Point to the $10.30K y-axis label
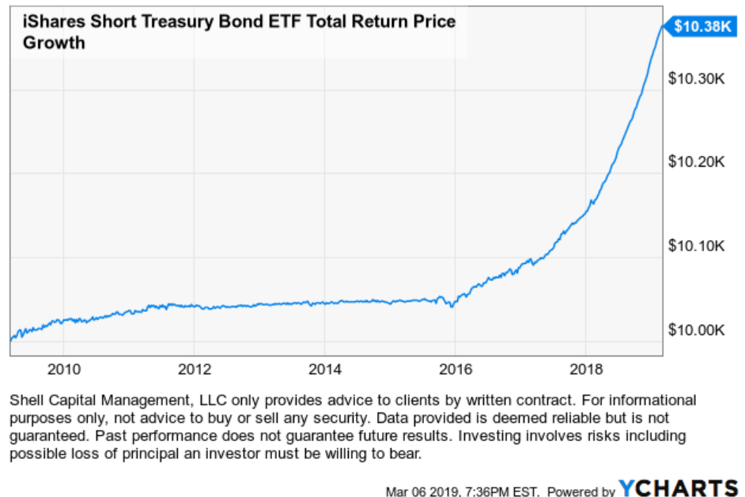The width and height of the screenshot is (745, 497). [697, 79]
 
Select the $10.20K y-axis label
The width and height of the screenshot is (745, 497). [697, 162]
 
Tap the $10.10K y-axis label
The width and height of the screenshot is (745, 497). [697, 246]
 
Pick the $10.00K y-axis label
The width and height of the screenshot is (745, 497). [697, 329]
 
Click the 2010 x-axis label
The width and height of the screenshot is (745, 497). [64, 369]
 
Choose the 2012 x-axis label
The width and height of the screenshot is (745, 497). [195, 369]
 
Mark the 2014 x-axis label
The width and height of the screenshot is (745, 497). [324, 369]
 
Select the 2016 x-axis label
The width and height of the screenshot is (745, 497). [455, 369]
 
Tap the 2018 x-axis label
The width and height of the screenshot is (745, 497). [584, 369]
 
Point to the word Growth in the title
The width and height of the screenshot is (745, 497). [54, 42]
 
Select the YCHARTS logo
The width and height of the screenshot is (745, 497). [678, 488]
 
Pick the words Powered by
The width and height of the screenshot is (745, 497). [581, 491]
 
